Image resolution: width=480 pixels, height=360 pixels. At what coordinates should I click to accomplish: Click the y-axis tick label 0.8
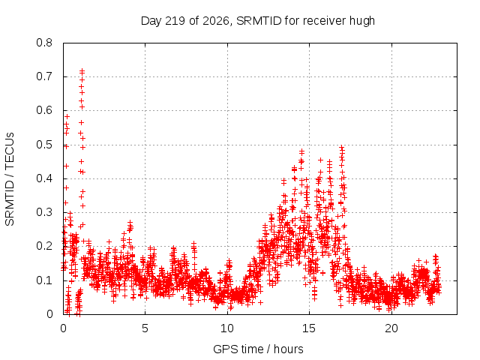[x=44, y=43]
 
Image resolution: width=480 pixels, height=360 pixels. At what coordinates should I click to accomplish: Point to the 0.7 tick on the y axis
[x=44, y=76]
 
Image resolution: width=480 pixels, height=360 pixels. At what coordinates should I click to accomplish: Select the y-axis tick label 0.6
[x=44, y=110]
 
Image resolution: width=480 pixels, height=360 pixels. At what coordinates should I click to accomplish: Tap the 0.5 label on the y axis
[x=44, y=145]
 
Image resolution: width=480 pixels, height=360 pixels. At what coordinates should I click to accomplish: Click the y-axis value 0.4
[x=44, y=178]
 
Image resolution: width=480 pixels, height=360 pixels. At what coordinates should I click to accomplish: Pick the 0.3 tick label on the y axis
[x=44, y=212]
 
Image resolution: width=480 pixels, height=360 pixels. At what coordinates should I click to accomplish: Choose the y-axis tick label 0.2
[x=44, y=246]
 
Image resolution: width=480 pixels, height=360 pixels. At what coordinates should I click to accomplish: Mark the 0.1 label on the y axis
[x=44, y=280]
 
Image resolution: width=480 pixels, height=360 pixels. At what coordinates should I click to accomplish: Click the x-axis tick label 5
[x=145, y=328]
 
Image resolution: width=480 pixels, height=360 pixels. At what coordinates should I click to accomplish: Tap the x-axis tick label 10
[x=227, y=328]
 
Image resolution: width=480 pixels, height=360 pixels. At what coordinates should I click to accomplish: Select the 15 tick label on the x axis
[x=309, y=328]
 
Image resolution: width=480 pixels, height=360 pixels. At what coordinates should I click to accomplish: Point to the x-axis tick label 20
[x=391, y=328]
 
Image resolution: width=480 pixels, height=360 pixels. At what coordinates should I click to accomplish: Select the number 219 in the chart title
[x=175, y=21]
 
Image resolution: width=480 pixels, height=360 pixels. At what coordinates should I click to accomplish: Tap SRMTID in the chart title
[x=259, y=21]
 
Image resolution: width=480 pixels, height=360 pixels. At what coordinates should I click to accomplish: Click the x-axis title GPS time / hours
[x=258, y=349]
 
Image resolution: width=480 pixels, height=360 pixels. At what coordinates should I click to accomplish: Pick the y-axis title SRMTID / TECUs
[x=10, y=179]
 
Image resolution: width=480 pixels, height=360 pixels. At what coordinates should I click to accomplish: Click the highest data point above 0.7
[x=82, y=71]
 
